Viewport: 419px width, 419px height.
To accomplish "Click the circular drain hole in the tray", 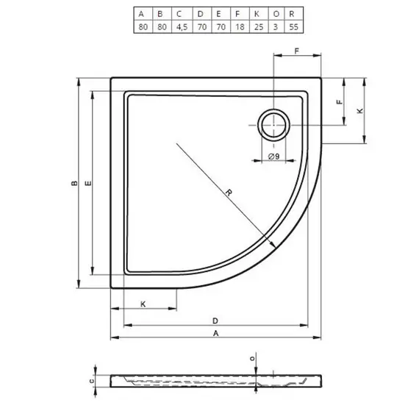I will pos(273,125).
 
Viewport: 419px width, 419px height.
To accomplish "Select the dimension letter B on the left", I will pos(73,184).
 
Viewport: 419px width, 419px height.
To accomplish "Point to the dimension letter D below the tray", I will pos(215,320).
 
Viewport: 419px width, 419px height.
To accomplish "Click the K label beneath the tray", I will pos(143,304).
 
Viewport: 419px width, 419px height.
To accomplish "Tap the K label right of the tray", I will pos(359,111).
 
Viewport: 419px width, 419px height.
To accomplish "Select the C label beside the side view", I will pos(91,381).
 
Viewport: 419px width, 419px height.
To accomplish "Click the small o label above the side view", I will pos(253,358).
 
